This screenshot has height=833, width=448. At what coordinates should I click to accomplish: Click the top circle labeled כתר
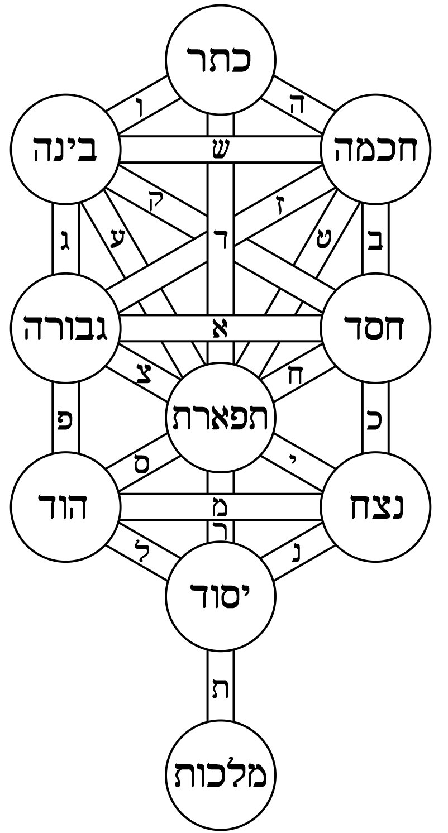pos(221,59)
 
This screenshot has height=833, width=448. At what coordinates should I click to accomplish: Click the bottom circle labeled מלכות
pos(221,776)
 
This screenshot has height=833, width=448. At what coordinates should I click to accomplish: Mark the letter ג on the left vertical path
pos(65,244)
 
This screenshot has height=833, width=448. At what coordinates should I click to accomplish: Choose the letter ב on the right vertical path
pos(376,244)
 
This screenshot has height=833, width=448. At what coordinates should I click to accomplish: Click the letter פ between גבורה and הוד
pos(65,418)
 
